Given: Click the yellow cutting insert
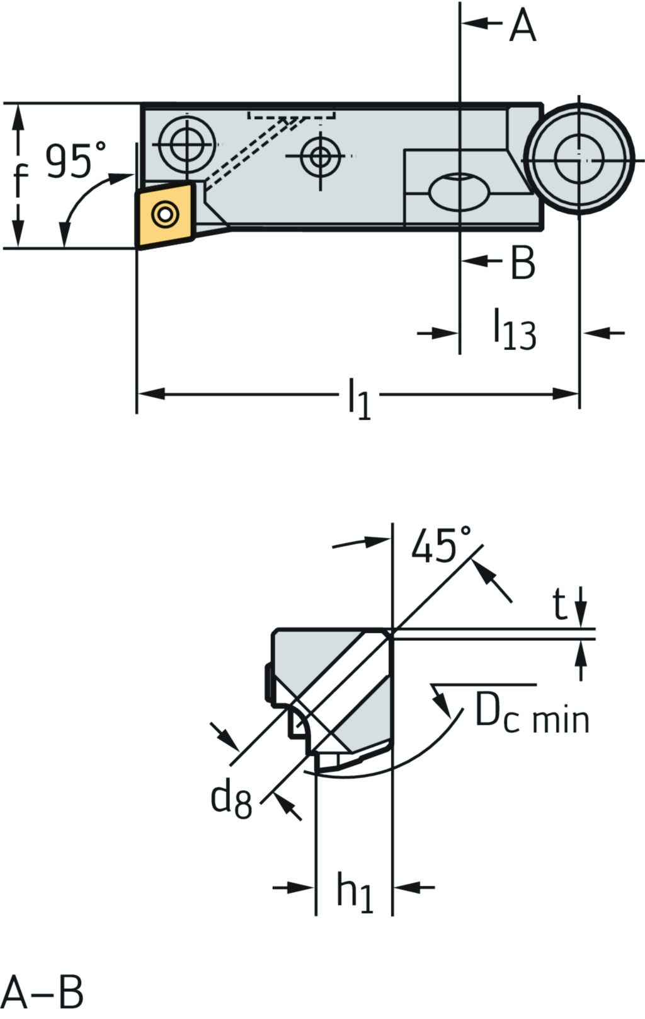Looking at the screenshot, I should click(x=165, y=215).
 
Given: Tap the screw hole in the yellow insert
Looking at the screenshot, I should click(x=164, y=214).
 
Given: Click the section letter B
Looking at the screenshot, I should click(x=522, y=262).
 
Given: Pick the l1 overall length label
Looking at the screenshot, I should click(x=359, y=399).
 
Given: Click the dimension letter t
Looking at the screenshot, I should click(x=559, y=605).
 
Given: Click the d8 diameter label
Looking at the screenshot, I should click(x=231, y=800).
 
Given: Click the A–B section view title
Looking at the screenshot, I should click(x=42, y=993).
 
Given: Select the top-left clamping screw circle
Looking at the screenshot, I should click(x=187, y=145).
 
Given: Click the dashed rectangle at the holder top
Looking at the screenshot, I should click(x=292, y=115).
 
